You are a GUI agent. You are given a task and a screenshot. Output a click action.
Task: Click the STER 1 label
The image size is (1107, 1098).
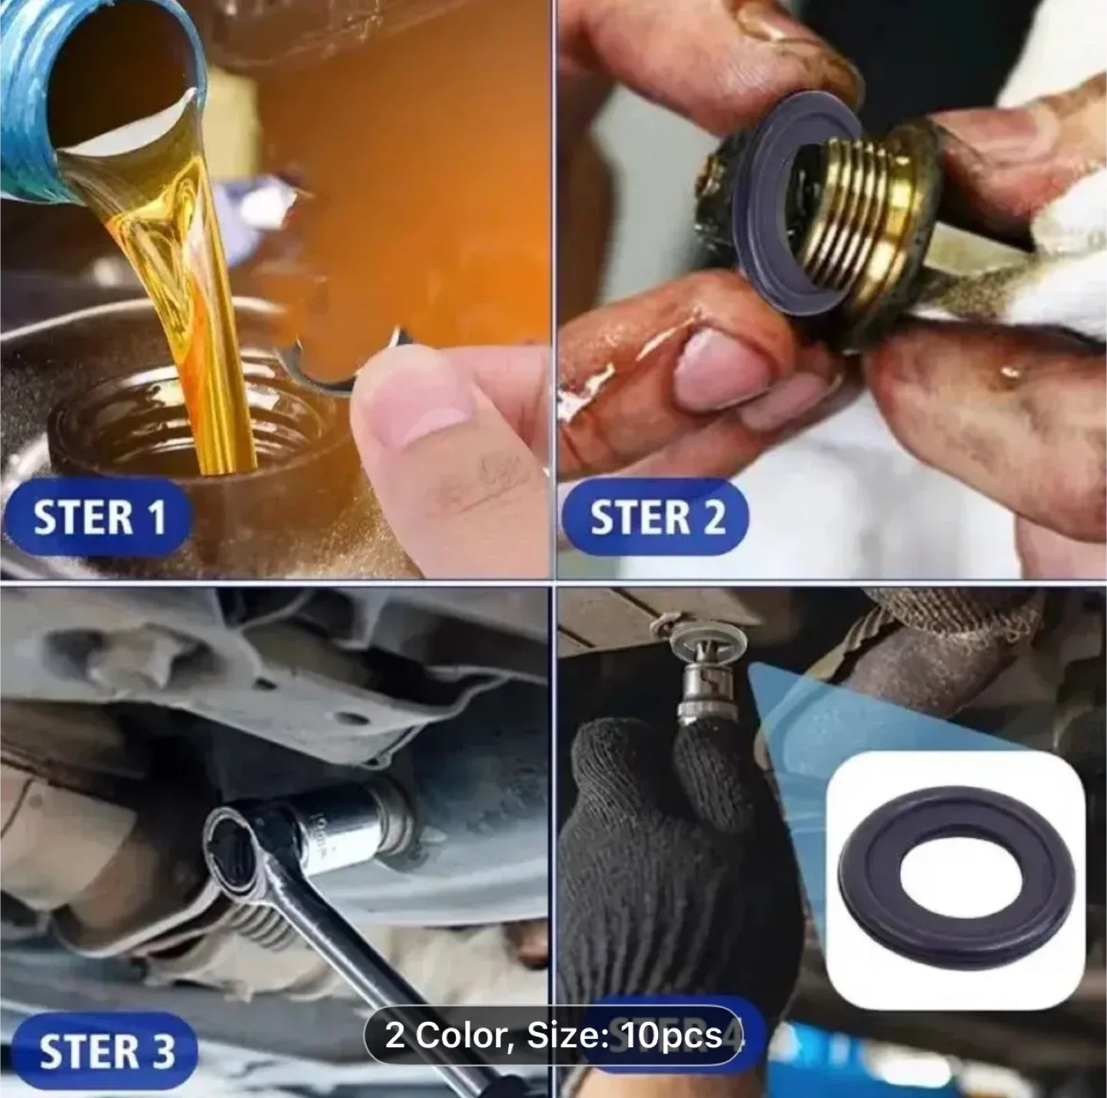pos(98,516)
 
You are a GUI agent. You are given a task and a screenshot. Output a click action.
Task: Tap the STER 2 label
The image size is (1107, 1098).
pos(657,516)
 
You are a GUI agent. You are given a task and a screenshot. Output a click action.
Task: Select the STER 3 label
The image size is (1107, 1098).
pos(106,1051)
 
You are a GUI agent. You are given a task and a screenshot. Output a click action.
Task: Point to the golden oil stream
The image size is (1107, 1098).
pos(192,308)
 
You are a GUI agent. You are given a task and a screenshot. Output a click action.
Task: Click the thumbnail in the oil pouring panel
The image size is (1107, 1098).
pos(415,415)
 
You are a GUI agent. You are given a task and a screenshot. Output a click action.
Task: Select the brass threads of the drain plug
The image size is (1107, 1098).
pos(869,208)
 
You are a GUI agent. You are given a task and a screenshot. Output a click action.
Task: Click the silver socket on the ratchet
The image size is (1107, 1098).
pos(346,827)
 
